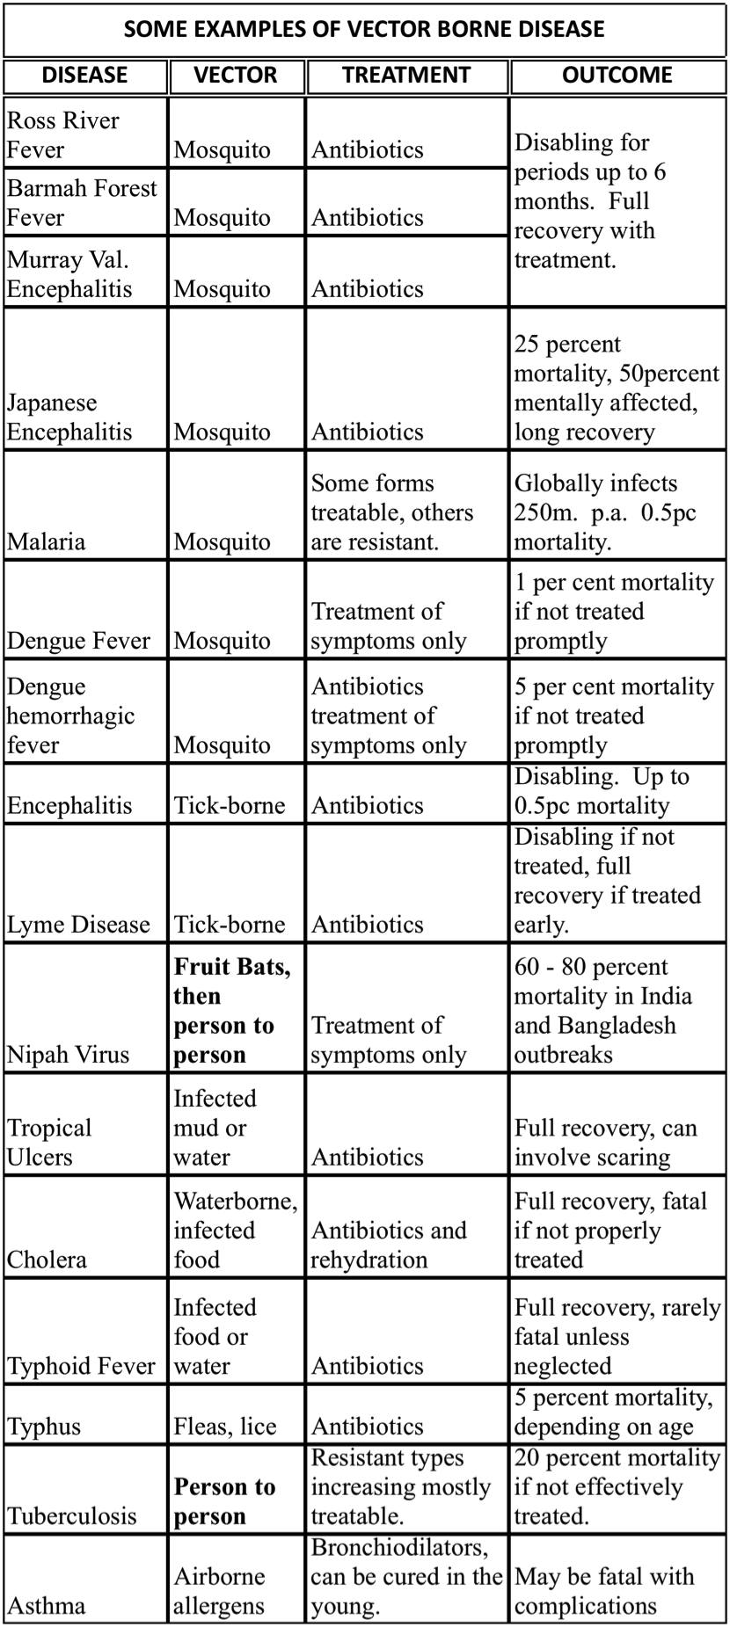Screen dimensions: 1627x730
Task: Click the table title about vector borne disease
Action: [x=364, y=29]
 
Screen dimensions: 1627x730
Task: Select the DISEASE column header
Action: [x=84, y=76]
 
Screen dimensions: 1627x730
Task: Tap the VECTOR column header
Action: [x=236, y=76]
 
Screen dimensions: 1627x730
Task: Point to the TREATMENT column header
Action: [x=406, y=76]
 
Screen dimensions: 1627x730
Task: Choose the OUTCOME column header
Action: [x=617, y=76]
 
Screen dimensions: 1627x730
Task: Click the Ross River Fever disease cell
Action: [x=63, y=134]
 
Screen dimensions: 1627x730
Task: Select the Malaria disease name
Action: [x=47, y=541]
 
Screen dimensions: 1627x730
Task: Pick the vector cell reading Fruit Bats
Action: [x=232, y=1010]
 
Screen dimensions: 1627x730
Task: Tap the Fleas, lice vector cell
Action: [x=225, y=1426]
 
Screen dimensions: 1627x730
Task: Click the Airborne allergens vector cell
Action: [x=219, y=1591]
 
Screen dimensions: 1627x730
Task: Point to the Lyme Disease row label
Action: [x=78, y=925]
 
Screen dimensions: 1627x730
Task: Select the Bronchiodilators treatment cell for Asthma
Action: [x=405, y=1577]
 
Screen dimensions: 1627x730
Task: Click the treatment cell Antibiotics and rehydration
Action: [x=389, y=1245]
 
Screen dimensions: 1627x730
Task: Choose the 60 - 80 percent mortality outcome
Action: [x=602, y=1010]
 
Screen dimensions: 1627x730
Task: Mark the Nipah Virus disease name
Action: [x=69, y=1055]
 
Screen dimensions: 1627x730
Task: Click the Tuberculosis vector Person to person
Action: [x=224, y=1501]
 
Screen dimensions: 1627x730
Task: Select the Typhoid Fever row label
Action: [x=81, y=1366]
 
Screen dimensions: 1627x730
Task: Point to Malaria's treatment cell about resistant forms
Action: [x=392, y=512]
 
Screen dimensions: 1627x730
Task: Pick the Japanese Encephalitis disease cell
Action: [x=69, y=418]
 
